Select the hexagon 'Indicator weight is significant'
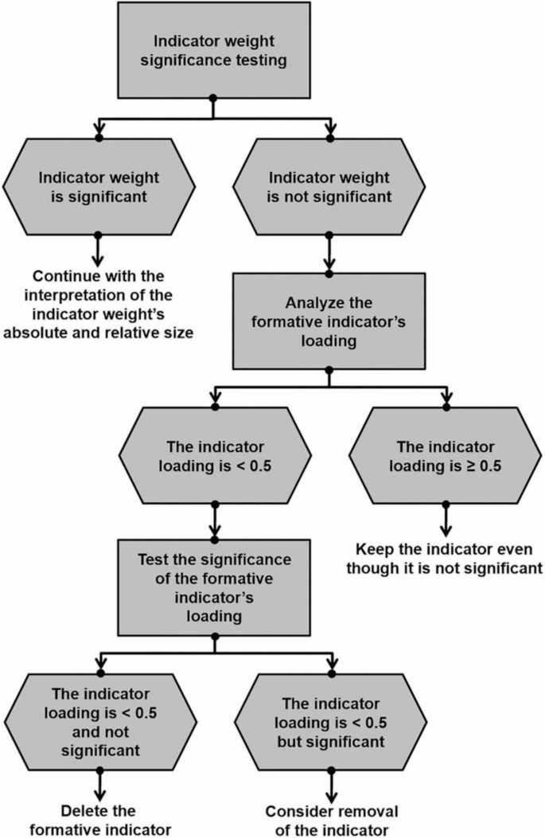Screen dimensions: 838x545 point(98,186)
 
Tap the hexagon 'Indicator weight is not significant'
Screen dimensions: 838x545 point(329,186)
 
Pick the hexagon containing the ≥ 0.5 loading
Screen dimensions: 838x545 point(446,454)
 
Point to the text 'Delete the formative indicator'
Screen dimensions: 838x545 point(100,820)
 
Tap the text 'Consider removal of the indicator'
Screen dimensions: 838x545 point(331,820)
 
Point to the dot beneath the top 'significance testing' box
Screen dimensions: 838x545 point(212,97)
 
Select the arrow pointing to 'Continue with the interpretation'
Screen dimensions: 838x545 point(98,251)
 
